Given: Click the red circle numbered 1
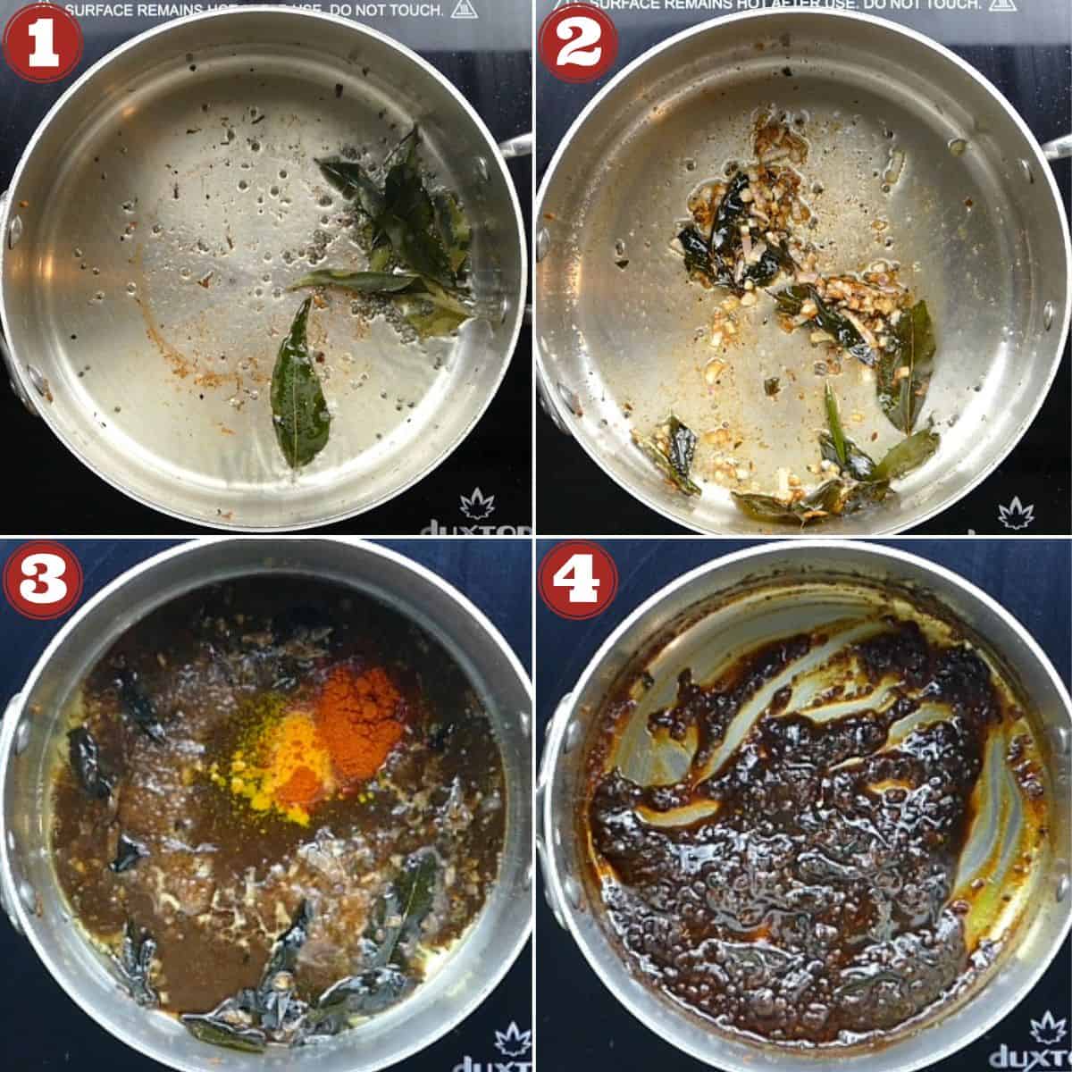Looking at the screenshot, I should [x=42, y=42].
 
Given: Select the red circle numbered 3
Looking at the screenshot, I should [x=42, y=580].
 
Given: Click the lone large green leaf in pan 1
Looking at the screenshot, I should [x=298, y=384].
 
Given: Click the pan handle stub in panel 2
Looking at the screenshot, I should [x=1057, y=147].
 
